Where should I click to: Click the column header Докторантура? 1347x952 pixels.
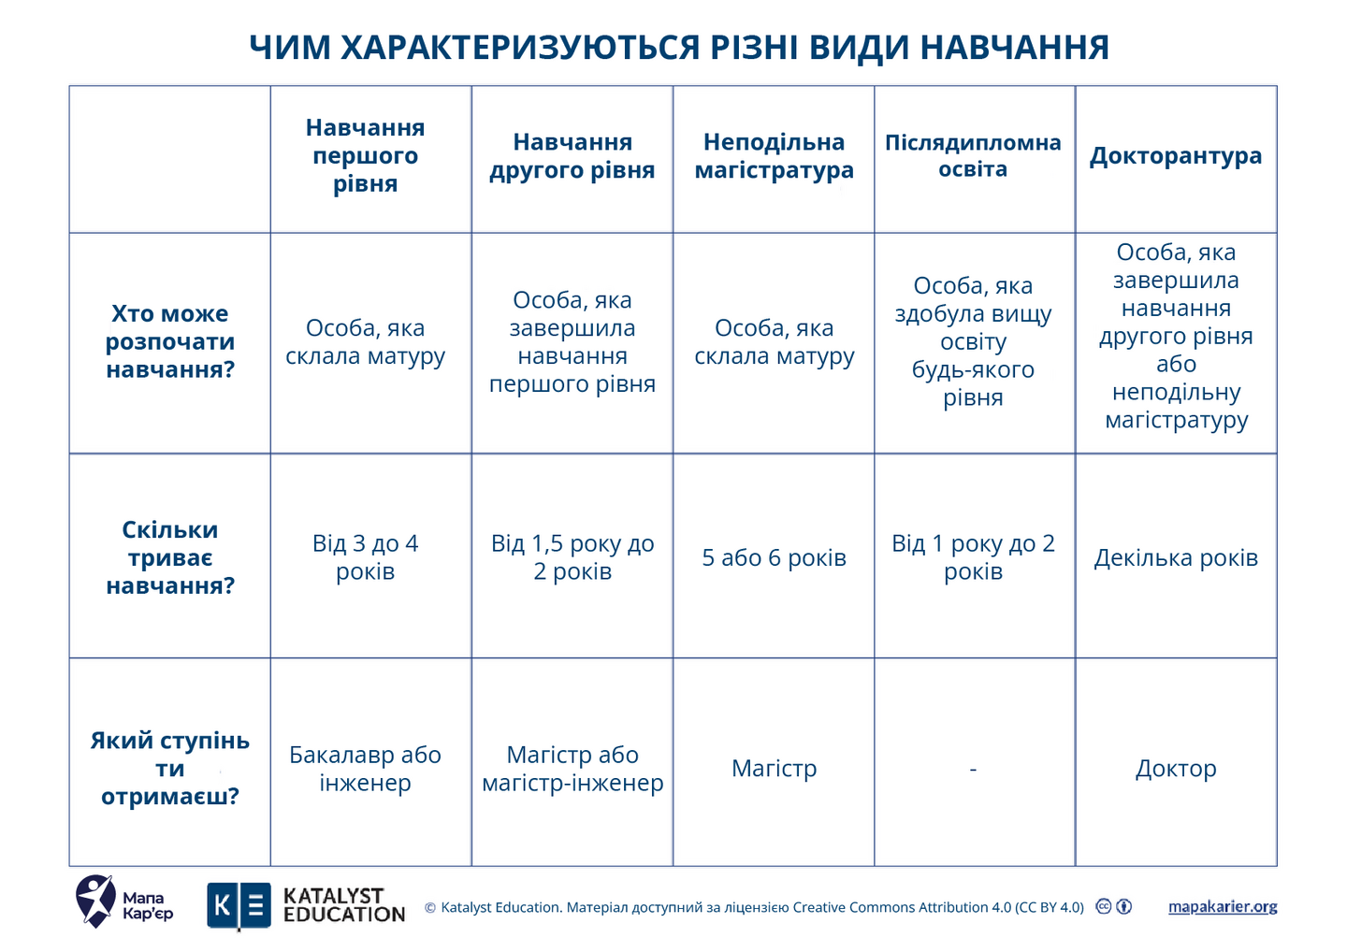[1175, 156]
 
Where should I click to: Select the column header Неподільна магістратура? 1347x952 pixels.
[774, 156]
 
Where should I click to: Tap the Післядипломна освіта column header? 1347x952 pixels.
[973, 156]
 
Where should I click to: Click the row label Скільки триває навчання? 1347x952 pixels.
[169, 557]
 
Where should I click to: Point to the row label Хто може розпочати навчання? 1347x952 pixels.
[169, 341]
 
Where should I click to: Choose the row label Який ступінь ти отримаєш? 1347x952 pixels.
[169, 769]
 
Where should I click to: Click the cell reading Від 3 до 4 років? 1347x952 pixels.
[365, 557]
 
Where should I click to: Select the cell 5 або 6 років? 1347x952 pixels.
[774, 558]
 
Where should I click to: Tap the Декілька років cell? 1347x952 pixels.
[1175, 558]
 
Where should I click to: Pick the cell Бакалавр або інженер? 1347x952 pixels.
[365, 769]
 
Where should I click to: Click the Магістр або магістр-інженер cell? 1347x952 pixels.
[572, 769]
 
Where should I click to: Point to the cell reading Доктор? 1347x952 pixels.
[1175, 769]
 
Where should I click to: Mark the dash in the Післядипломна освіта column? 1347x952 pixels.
[973, 769]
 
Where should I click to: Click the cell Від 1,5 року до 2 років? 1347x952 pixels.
[572, 557]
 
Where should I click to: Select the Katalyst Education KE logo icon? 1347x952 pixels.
[239, 906]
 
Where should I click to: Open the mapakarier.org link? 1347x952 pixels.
[1222, 907]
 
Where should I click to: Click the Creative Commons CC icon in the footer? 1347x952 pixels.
[1104, 906]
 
